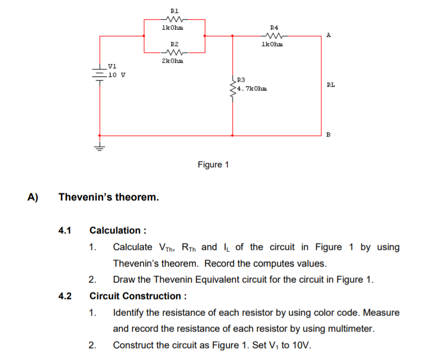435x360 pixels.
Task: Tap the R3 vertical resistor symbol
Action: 232,89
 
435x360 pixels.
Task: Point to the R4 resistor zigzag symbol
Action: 273,36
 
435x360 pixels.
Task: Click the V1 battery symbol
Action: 99,72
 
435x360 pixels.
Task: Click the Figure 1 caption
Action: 213,165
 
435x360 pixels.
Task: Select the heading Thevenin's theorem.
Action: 109,197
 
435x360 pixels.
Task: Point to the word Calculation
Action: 115,230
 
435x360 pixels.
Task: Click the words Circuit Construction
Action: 135,296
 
